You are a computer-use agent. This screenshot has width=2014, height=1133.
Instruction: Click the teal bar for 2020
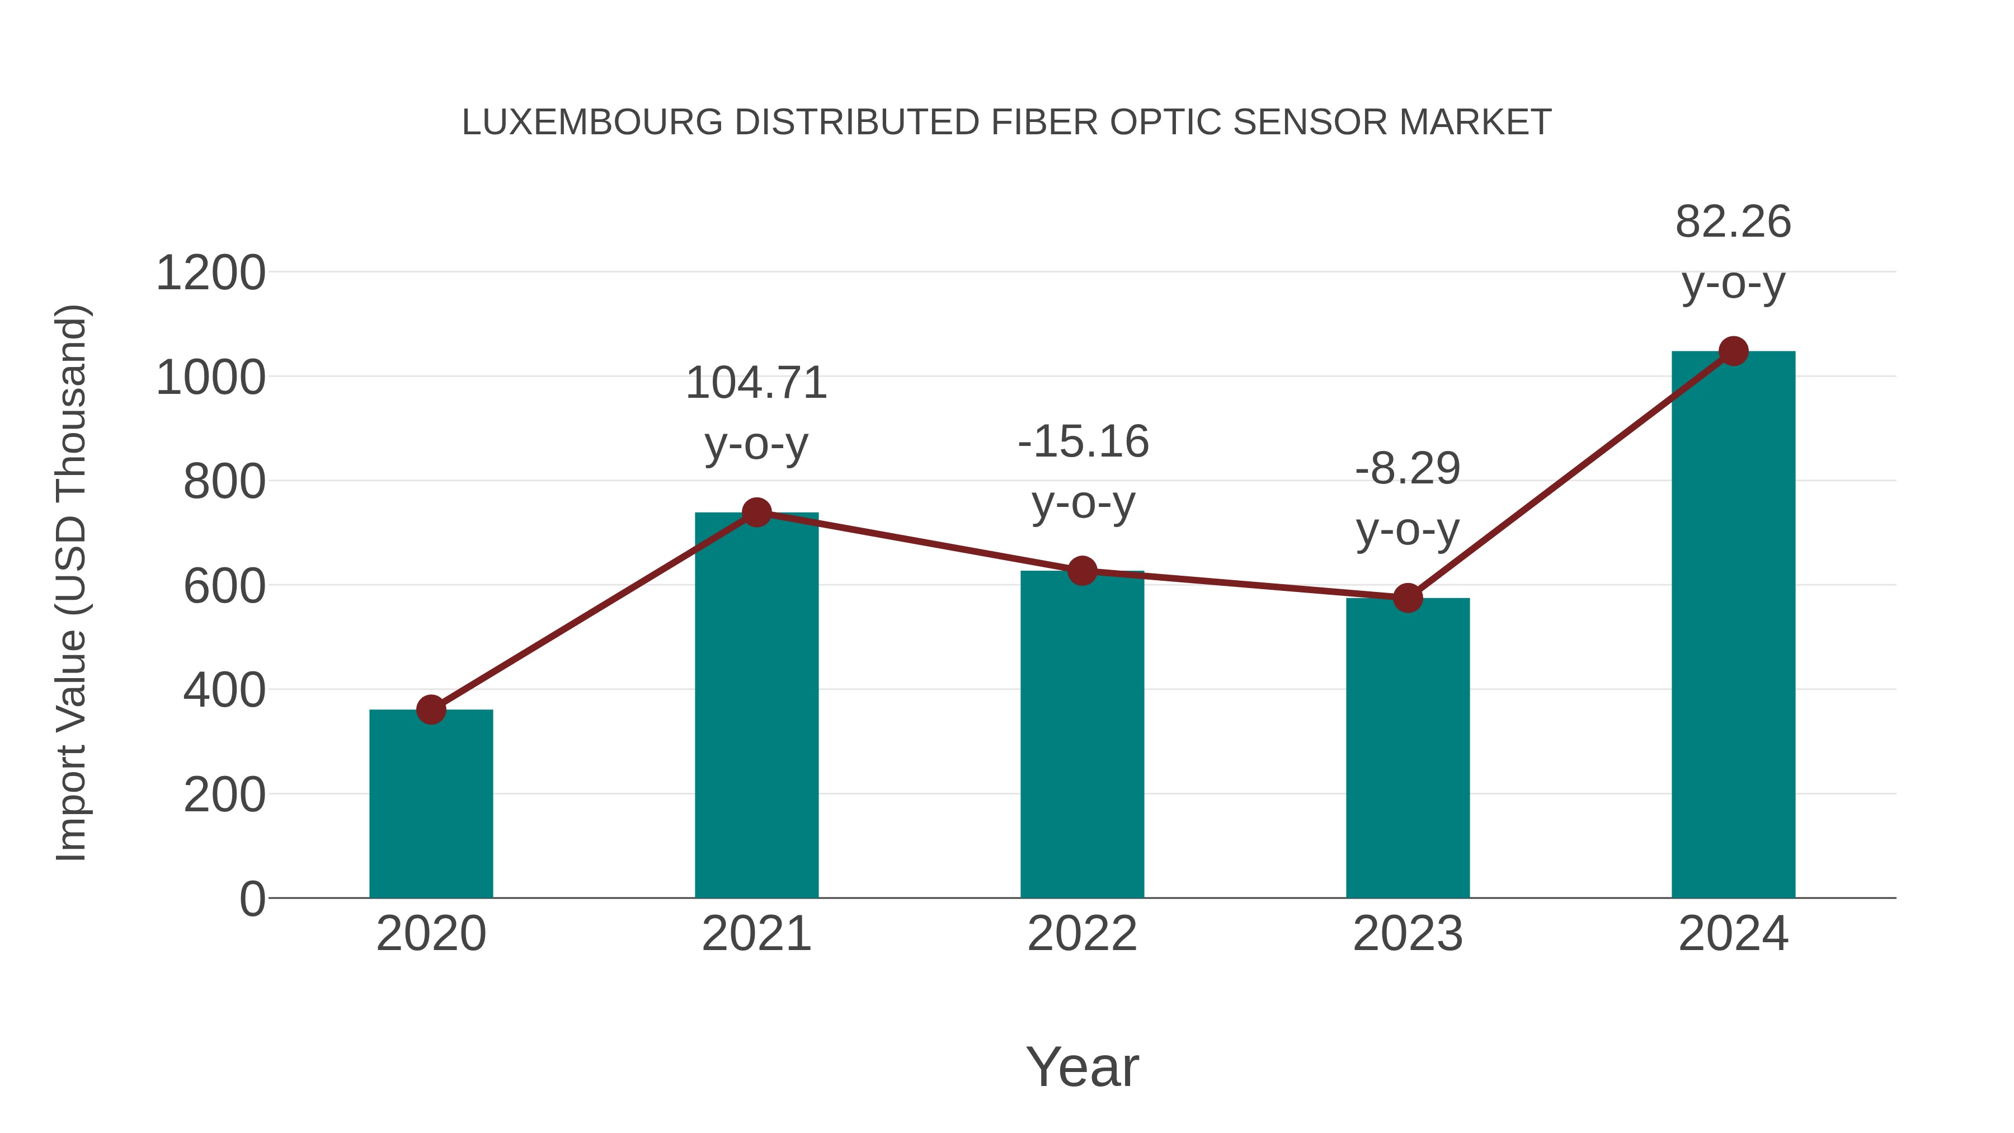(x=431, y=805)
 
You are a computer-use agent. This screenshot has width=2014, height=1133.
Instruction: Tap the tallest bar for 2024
(x=1733, y=626)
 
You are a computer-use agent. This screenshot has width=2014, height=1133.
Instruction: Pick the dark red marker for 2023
(x=1408, y=598)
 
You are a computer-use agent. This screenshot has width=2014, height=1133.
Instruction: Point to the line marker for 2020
(x=431, y=710)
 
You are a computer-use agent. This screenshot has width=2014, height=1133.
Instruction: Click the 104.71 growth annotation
(x=756, y=384)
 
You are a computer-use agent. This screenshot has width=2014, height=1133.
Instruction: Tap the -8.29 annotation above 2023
(x=1408, y=469)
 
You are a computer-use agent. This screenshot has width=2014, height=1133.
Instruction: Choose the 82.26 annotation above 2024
(x=1733, y=222)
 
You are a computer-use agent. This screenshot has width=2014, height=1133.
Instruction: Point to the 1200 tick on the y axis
(x=210, y=274)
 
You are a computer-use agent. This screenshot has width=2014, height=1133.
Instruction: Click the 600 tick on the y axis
(x=224, y=586)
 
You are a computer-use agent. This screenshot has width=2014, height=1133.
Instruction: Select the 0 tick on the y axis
(x=252, y=899)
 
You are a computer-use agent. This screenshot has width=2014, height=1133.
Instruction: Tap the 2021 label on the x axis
(x=756, y=934)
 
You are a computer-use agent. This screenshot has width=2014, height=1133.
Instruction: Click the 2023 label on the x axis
(x=1408, y=934)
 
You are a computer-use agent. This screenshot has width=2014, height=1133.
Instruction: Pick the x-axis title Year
(x=1082, y=1068)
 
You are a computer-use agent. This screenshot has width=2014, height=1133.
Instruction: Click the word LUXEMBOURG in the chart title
(x=592, y=123)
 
